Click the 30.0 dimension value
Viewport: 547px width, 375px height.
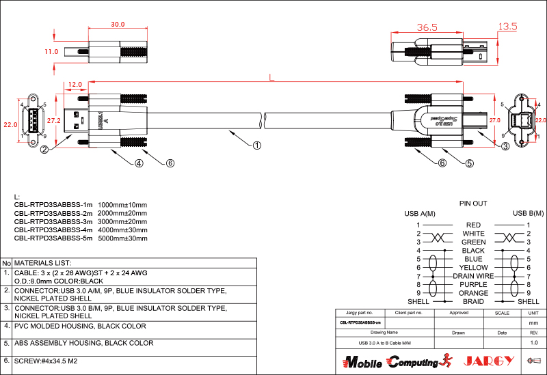coord(118,25)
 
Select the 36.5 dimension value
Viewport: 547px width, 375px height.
coord(427,28)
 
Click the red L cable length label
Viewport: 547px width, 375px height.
coord(271,78)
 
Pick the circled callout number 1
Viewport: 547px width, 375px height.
coord(257,145)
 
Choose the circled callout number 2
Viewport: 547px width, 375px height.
coord(44,149)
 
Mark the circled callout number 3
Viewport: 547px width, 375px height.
coord(505,146)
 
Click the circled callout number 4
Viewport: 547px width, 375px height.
coord(139,163)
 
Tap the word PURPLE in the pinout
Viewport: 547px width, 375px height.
coord(473,284)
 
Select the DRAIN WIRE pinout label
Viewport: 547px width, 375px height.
coord(473,276)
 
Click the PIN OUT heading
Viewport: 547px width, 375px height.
coord(472,204)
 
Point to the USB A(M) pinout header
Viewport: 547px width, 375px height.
coord(420,214)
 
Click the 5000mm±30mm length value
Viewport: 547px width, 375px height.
coord(122,238)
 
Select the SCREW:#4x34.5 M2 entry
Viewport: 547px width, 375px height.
coord(46,360)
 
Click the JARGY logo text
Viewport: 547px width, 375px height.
coord(489,361)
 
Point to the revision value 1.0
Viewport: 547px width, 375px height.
coord(533,342)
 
